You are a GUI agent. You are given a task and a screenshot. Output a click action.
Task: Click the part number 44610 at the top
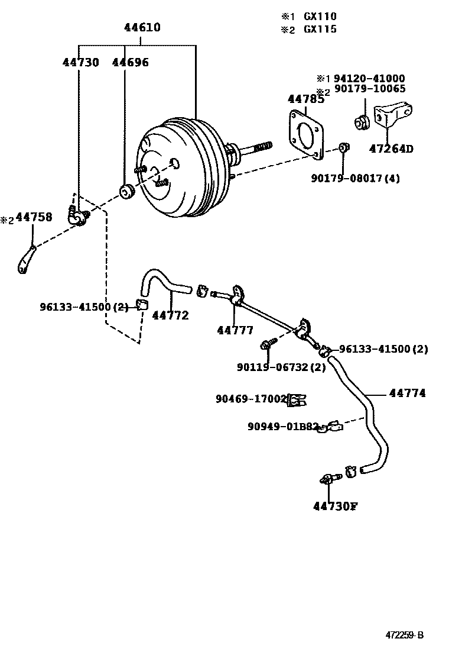[x=142, y=28]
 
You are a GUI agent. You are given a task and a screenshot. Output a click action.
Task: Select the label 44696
[x=131, y=62]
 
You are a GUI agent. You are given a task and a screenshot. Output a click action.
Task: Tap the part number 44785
[x=305, y=99]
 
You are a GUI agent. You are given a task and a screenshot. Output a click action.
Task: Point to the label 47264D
[x=391, y=149]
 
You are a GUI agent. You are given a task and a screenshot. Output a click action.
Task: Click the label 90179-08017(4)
[x=355, y=178]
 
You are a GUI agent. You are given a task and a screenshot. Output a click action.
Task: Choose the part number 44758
[x=34, y=218]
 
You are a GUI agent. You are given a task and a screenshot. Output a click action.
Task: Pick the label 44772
[x=170, y=315]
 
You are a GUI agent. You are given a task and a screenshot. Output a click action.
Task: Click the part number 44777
[x=235, y=330]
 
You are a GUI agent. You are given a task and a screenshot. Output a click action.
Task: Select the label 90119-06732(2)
[x=281, y=367]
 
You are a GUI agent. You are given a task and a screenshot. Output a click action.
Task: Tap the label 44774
[x=407, y=393]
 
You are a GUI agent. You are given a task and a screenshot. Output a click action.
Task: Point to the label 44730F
[x=336, y=506]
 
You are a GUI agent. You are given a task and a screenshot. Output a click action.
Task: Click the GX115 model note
[x=320, y=29]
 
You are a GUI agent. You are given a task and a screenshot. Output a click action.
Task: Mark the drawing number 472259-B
[x=405, y=636]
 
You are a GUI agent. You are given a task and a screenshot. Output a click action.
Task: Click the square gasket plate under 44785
[x=307, y=135]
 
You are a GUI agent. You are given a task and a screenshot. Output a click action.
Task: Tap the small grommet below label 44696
[x=125, y=192]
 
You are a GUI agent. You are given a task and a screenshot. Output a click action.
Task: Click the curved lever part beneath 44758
[x=26, y=261]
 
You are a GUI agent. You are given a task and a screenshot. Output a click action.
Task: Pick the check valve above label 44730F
[x=328, y=478]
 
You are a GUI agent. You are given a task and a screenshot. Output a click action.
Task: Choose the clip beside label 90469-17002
[x=297, y=401]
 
